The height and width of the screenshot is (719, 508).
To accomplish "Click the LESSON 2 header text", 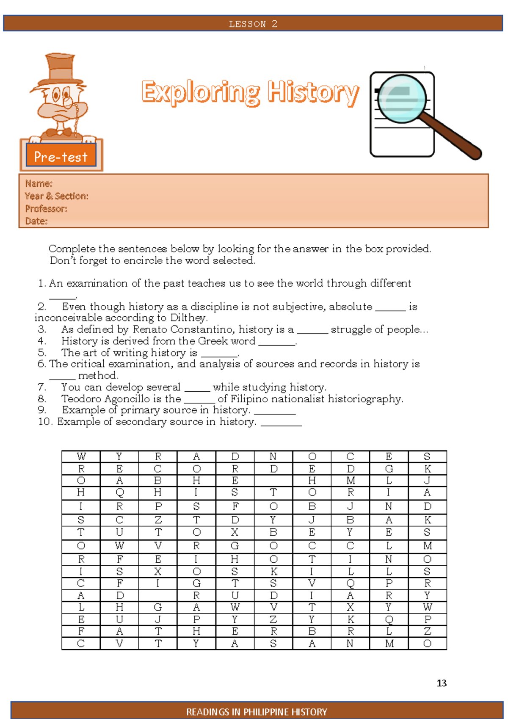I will [253, 24].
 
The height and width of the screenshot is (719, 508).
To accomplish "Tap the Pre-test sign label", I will [61, 157].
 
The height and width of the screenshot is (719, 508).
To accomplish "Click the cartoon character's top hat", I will [60, 68].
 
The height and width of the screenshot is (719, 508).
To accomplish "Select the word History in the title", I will [313, 92].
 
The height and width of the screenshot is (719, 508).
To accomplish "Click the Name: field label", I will [39, 184].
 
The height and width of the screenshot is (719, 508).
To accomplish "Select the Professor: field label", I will [46, 209].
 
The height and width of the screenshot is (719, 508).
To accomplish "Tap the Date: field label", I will [36, 221].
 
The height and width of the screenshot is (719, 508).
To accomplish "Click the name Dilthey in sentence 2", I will [188, 318].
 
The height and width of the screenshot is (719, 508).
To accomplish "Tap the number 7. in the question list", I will [42, 387].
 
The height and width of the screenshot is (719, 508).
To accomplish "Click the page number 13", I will [442, 683].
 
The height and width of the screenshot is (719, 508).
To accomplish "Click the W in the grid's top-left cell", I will [81, 456].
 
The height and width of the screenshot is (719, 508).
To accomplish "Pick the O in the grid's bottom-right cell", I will [428, 644].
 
